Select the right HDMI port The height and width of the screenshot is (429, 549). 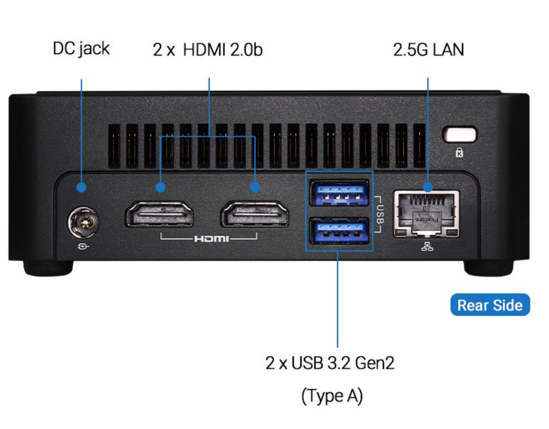tap(255, 215)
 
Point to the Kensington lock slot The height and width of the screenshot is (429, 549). tap(461, 135)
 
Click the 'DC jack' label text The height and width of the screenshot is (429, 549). tap(81, 49)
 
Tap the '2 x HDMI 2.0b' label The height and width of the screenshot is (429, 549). tap(207, 50)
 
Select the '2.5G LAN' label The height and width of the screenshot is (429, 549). tap(428, 50)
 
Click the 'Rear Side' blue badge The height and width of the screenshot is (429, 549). tap(490, 305)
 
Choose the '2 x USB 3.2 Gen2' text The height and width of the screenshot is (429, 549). tap(330, 362)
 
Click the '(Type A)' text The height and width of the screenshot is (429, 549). tap(332, 396)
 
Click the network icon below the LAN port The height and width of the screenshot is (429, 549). tap(427, 246)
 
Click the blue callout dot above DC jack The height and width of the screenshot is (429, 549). tap(82, 187)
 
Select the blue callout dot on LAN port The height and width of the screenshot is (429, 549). tap(428, 187)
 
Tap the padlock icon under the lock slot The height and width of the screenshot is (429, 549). tap(459, 152)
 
